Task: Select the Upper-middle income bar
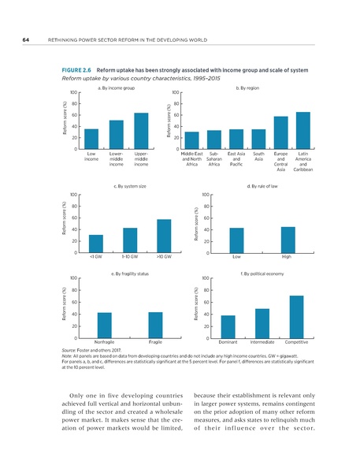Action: click(x=141, y=131)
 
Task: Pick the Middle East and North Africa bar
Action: click(x=191, y=140)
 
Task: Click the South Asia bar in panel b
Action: click(x=258, y=140)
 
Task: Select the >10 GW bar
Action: click(x=164, y=236)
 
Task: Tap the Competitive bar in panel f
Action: click(x=296, y=317)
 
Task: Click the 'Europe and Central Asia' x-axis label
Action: click(x=280, y=160)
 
